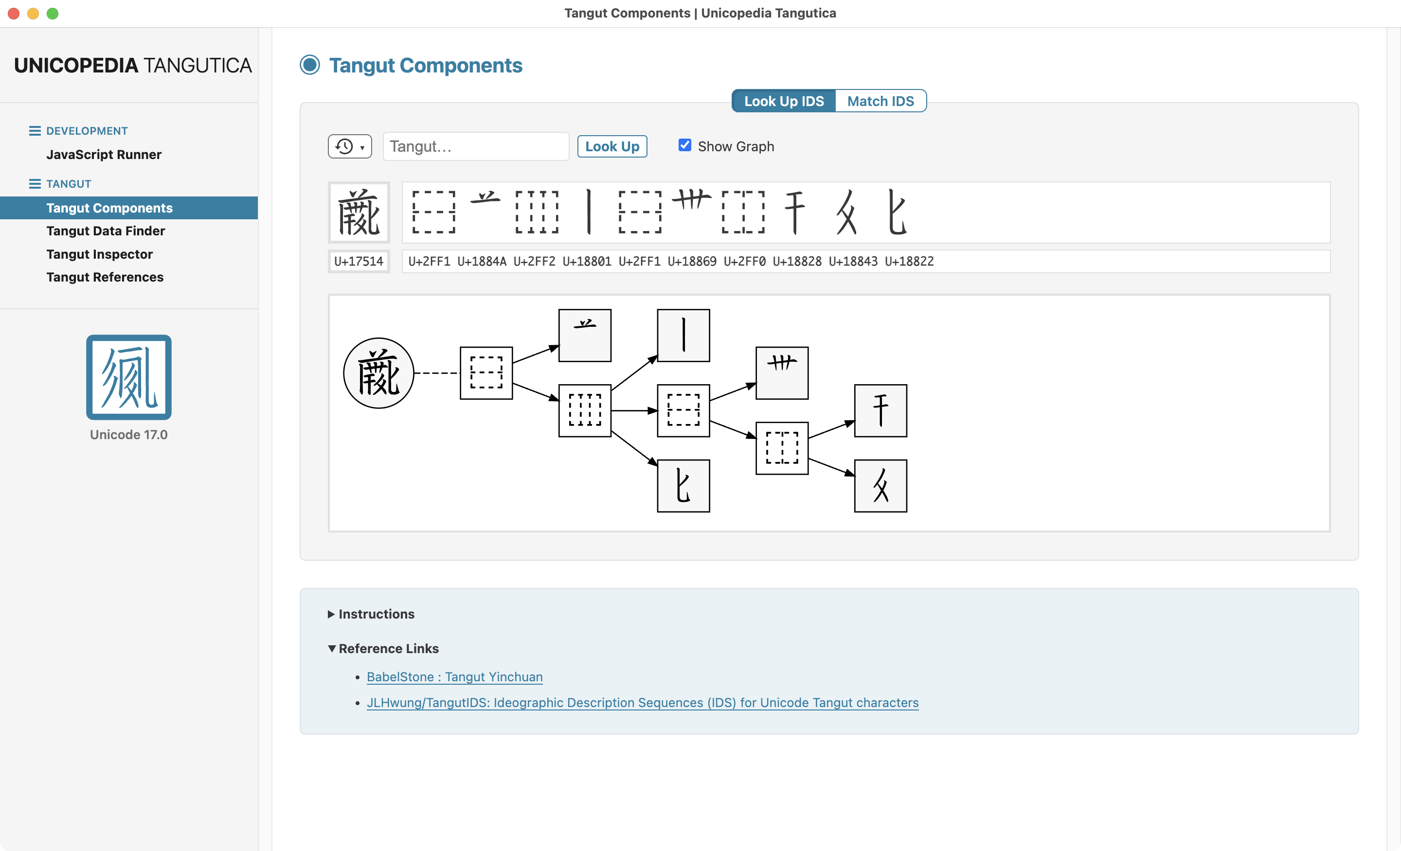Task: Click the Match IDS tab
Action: (880, 101)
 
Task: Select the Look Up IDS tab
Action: (784, 101)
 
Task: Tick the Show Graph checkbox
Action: (684, 145)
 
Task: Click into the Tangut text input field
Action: (476, 147)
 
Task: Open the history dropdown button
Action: (350, 147)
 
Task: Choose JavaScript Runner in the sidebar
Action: (104, 155)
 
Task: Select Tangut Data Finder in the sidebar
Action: (106, 231)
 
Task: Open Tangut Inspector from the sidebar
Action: (100, 254)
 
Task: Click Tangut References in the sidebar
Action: (105, 277)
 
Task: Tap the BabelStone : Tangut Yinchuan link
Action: (454, 676)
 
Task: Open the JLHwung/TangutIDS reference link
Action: (643, 703)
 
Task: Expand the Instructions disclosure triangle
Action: (331, 614)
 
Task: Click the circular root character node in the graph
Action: (378, 373)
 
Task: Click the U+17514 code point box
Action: (359, 262)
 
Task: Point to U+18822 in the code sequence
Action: (909, 262)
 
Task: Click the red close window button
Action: (14, 13)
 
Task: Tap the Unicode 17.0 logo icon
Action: (128, 377)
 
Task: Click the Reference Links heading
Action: (389, 649)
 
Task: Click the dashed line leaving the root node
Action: (437, 373)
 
